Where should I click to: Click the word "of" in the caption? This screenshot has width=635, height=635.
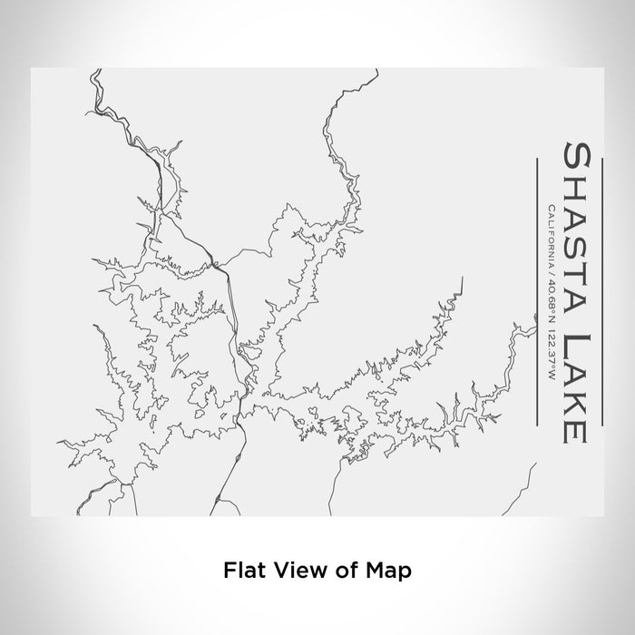332,571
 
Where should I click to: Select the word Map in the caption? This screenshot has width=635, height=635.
373,571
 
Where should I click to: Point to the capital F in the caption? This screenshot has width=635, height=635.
229,571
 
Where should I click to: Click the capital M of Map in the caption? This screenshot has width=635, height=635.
360,571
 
